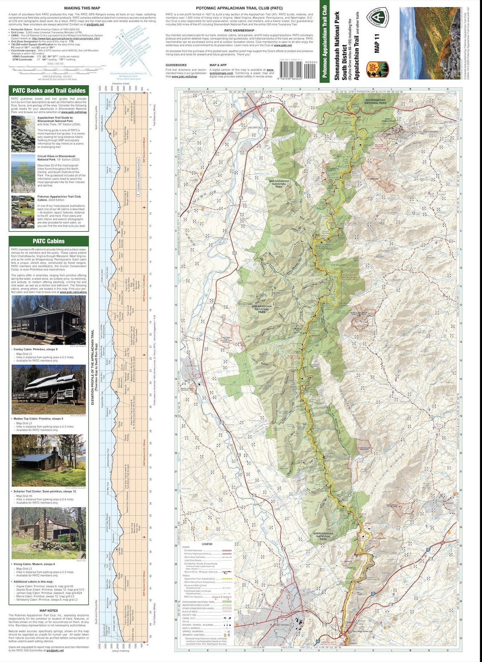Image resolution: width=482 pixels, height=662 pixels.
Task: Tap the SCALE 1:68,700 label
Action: pos(55,63)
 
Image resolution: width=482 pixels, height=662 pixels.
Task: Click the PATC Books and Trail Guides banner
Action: pos(49,91)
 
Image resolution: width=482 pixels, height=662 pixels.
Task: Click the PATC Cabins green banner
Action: pos(49,241)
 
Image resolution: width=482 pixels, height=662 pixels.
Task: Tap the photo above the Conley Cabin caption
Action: pos(49,320)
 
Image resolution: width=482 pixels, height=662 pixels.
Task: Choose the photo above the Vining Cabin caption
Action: pos(49,533)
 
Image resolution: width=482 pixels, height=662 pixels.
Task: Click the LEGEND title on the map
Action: pos(207,544)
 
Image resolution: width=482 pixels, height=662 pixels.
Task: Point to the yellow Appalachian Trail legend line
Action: pos(227,579)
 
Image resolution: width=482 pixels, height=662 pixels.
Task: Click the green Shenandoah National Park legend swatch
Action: pos(227,602)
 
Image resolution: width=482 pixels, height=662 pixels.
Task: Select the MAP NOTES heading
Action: pos(49,611)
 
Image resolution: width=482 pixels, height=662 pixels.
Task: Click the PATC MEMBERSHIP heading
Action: pos(239,31)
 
